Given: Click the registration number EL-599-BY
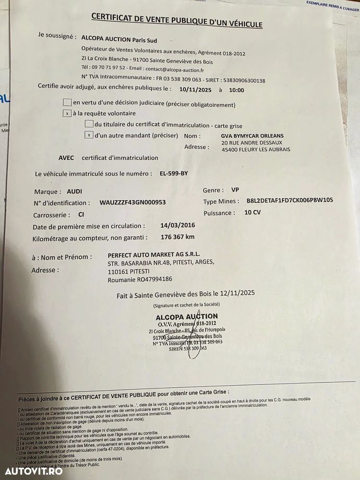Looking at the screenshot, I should [x=174, y=173].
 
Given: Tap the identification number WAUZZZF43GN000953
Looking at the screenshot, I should [x=132, y=203].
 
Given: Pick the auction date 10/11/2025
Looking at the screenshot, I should [x=194, y=90].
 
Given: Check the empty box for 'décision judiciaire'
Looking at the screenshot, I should [x=67, y=102].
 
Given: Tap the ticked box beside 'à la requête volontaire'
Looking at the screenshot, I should [x=68, y=114].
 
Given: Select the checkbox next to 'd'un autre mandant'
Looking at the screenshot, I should [x=89, y=135].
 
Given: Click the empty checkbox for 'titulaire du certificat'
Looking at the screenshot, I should [x=89, y=124].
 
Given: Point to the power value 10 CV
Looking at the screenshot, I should [x=252, y=212].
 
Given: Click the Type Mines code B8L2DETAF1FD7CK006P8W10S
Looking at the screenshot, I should [x=289, y=200].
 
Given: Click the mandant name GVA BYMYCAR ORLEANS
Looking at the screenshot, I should [x=252, y=135].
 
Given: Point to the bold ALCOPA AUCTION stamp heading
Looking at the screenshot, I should [x=187, y=317].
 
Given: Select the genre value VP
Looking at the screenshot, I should [x=235, y=190].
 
